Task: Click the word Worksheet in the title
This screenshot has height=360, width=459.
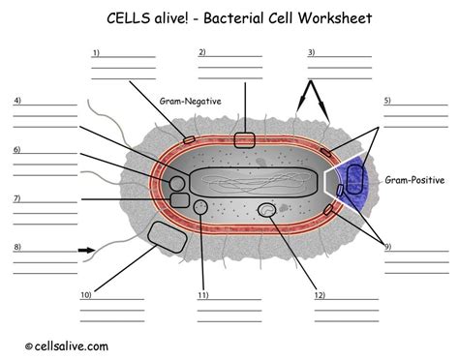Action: click(335, 18)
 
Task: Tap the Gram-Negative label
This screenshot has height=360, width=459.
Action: click(191, 102)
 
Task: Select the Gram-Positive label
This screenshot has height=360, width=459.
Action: click(414, 180)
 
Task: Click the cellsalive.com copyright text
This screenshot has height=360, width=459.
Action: click(67, 346)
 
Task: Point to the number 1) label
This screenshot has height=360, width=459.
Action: click(96, 52)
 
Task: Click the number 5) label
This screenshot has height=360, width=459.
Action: click(387, 101)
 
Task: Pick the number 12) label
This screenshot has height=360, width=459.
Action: click(320, 295)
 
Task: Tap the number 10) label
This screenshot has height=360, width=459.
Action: click(86, 295)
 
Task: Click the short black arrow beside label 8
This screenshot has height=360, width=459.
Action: click(86, 251)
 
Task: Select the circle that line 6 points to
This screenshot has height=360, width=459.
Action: click(177, 184)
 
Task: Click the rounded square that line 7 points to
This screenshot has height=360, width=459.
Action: click(179, 200)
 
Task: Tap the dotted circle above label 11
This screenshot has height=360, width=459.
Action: click(200, 207)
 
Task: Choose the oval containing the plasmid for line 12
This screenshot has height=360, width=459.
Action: click(267, 210)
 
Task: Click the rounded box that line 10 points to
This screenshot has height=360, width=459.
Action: click(168, 237)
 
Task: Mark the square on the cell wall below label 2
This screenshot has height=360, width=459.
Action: click(244, 140)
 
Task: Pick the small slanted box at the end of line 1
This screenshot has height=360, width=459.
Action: click(189, 140)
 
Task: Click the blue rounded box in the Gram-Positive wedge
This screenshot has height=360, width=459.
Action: click(355, 179)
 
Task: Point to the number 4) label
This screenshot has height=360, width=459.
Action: click(17, 101)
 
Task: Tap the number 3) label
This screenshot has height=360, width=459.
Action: click(311, 52)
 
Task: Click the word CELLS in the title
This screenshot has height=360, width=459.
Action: click(128, 18)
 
